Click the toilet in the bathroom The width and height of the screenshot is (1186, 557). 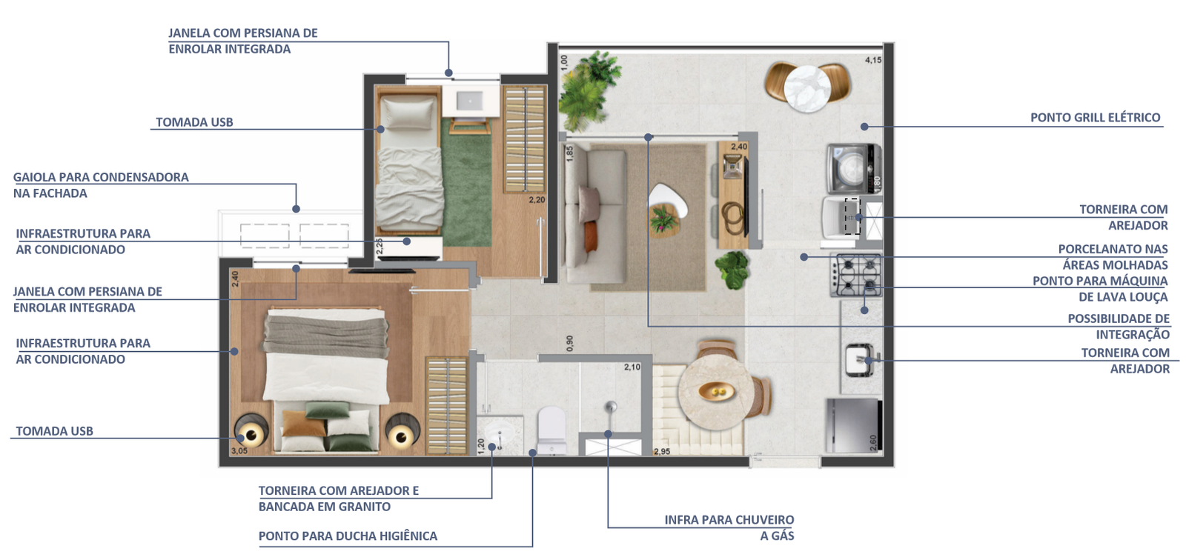551,430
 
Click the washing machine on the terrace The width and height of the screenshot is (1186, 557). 854,168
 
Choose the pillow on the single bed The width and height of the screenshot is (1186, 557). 408,113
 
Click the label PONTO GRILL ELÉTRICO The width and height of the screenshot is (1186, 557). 1095,118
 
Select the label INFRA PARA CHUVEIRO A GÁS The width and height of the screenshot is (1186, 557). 729,528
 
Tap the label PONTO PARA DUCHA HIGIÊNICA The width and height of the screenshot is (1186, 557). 348,536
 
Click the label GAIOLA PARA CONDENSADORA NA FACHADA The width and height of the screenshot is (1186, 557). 101,185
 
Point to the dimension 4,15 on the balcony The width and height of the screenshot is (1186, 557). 873,60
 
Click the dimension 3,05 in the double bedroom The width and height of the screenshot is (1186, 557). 239,450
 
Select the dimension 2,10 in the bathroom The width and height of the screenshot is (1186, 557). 632,367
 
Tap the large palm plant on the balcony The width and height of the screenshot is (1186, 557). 589,91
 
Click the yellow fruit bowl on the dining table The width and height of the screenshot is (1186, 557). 716,391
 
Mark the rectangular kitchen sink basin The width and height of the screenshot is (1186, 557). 858,360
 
